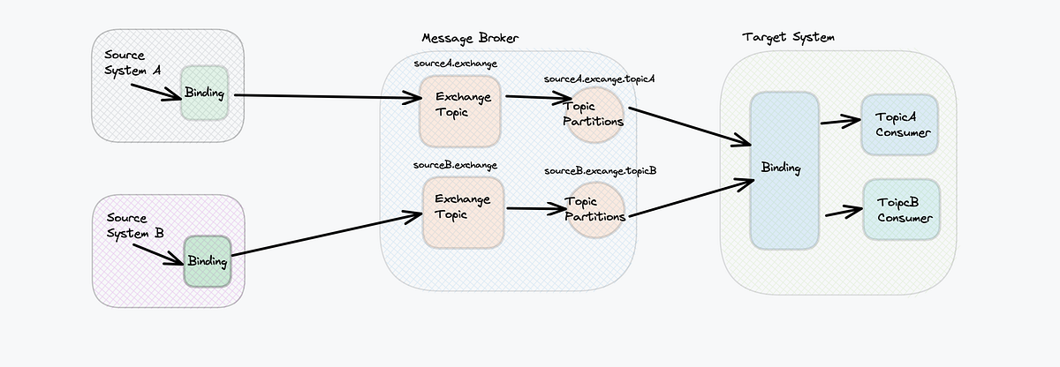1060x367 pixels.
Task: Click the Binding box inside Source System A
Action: [205, 93]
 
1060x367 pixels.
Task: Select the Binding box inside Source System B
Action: [207, 260]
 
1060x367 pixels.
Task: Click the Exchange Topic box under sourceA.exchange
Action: [459, 109]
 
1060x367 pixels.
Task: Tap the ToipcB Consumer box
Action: [901, 210]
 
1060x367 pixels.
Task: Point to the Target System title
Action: [788, 38]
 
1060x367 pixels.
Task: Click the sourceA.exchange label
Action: [455, 64]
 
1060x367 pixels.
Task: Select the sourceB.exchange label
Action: [455, 165]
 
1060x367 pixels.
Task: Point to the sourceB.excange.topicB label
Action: [601, 170]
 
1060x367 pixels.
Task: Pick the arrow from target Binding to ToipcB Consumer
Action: [842, 212]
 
